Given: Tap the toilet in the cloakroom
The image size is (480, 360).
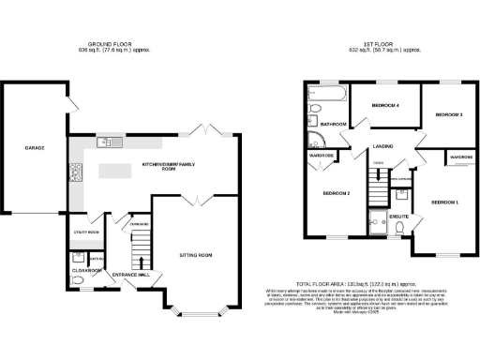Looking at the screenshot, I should [x=77, y=278].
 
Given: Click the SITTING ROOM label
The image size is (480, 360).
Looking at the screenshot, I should [x=196, y=254].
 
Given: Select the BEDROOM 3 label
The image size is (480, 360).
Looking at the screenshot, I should [x=449, y=114].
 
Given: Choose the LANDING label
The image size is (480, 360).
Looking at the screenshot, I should [x=382, y=146].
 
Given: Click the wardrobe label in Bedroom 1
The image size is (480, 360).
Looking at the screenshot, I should [x=459, y=157].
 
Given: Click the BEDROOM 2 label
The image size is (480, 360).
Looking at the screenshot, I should [x=337, y=193].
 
